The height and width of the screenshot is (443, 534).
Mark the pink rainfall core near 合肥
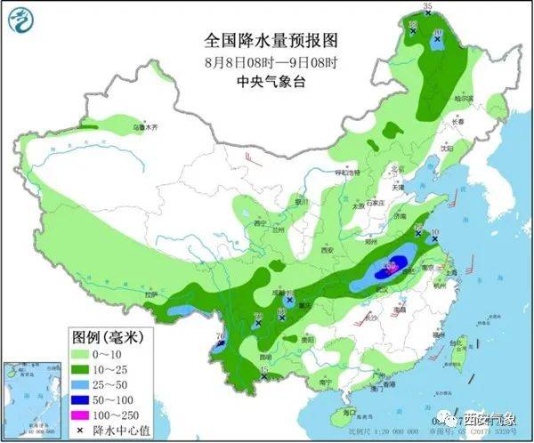tap(389, 265)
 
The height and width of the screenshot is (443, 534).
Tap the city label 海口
tap(348, 411)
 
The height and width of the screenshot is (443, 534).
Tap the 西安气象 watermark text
tap(488, 417)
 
